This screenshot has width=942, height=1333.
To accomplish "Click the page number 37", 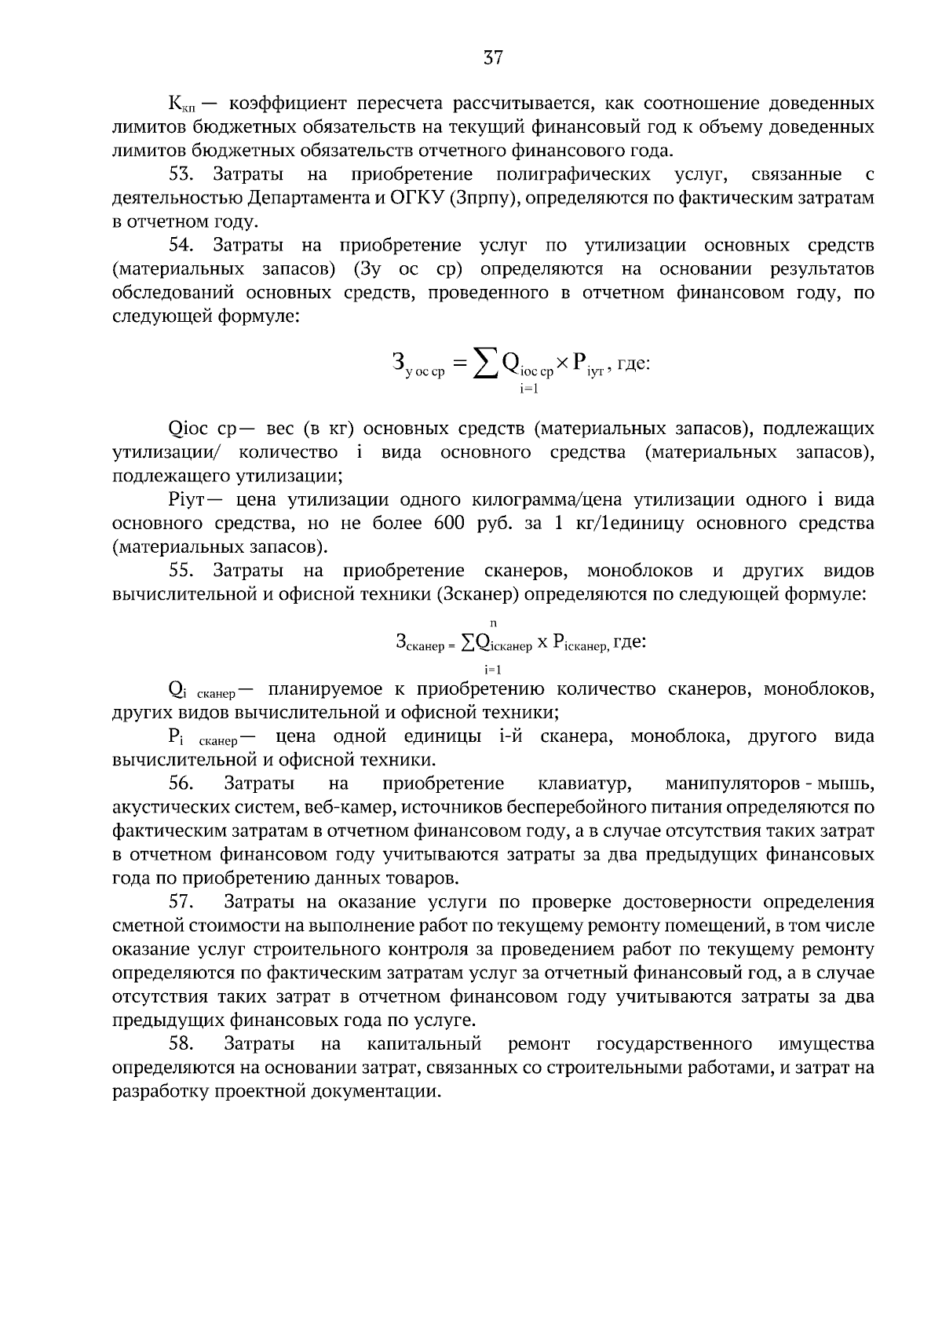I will click(x=493, y=57).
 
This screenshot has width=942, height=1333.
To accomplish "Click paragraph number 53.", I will click(x=180, y=174).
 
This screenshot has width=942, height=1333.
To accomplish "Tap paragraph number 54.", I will click(x=180, y=246).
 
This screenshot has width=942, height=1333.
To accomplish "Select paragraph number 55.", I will click(x=180, y=571).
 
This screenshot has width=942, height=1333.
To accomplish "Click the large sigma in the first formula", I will click(x=484, y=363).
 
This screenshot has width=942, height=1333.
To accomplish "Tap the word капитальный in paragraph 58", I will click(x=424, y=1044).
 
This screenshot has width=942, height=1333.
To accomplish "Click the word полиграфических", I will click(x=573, y=174).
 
